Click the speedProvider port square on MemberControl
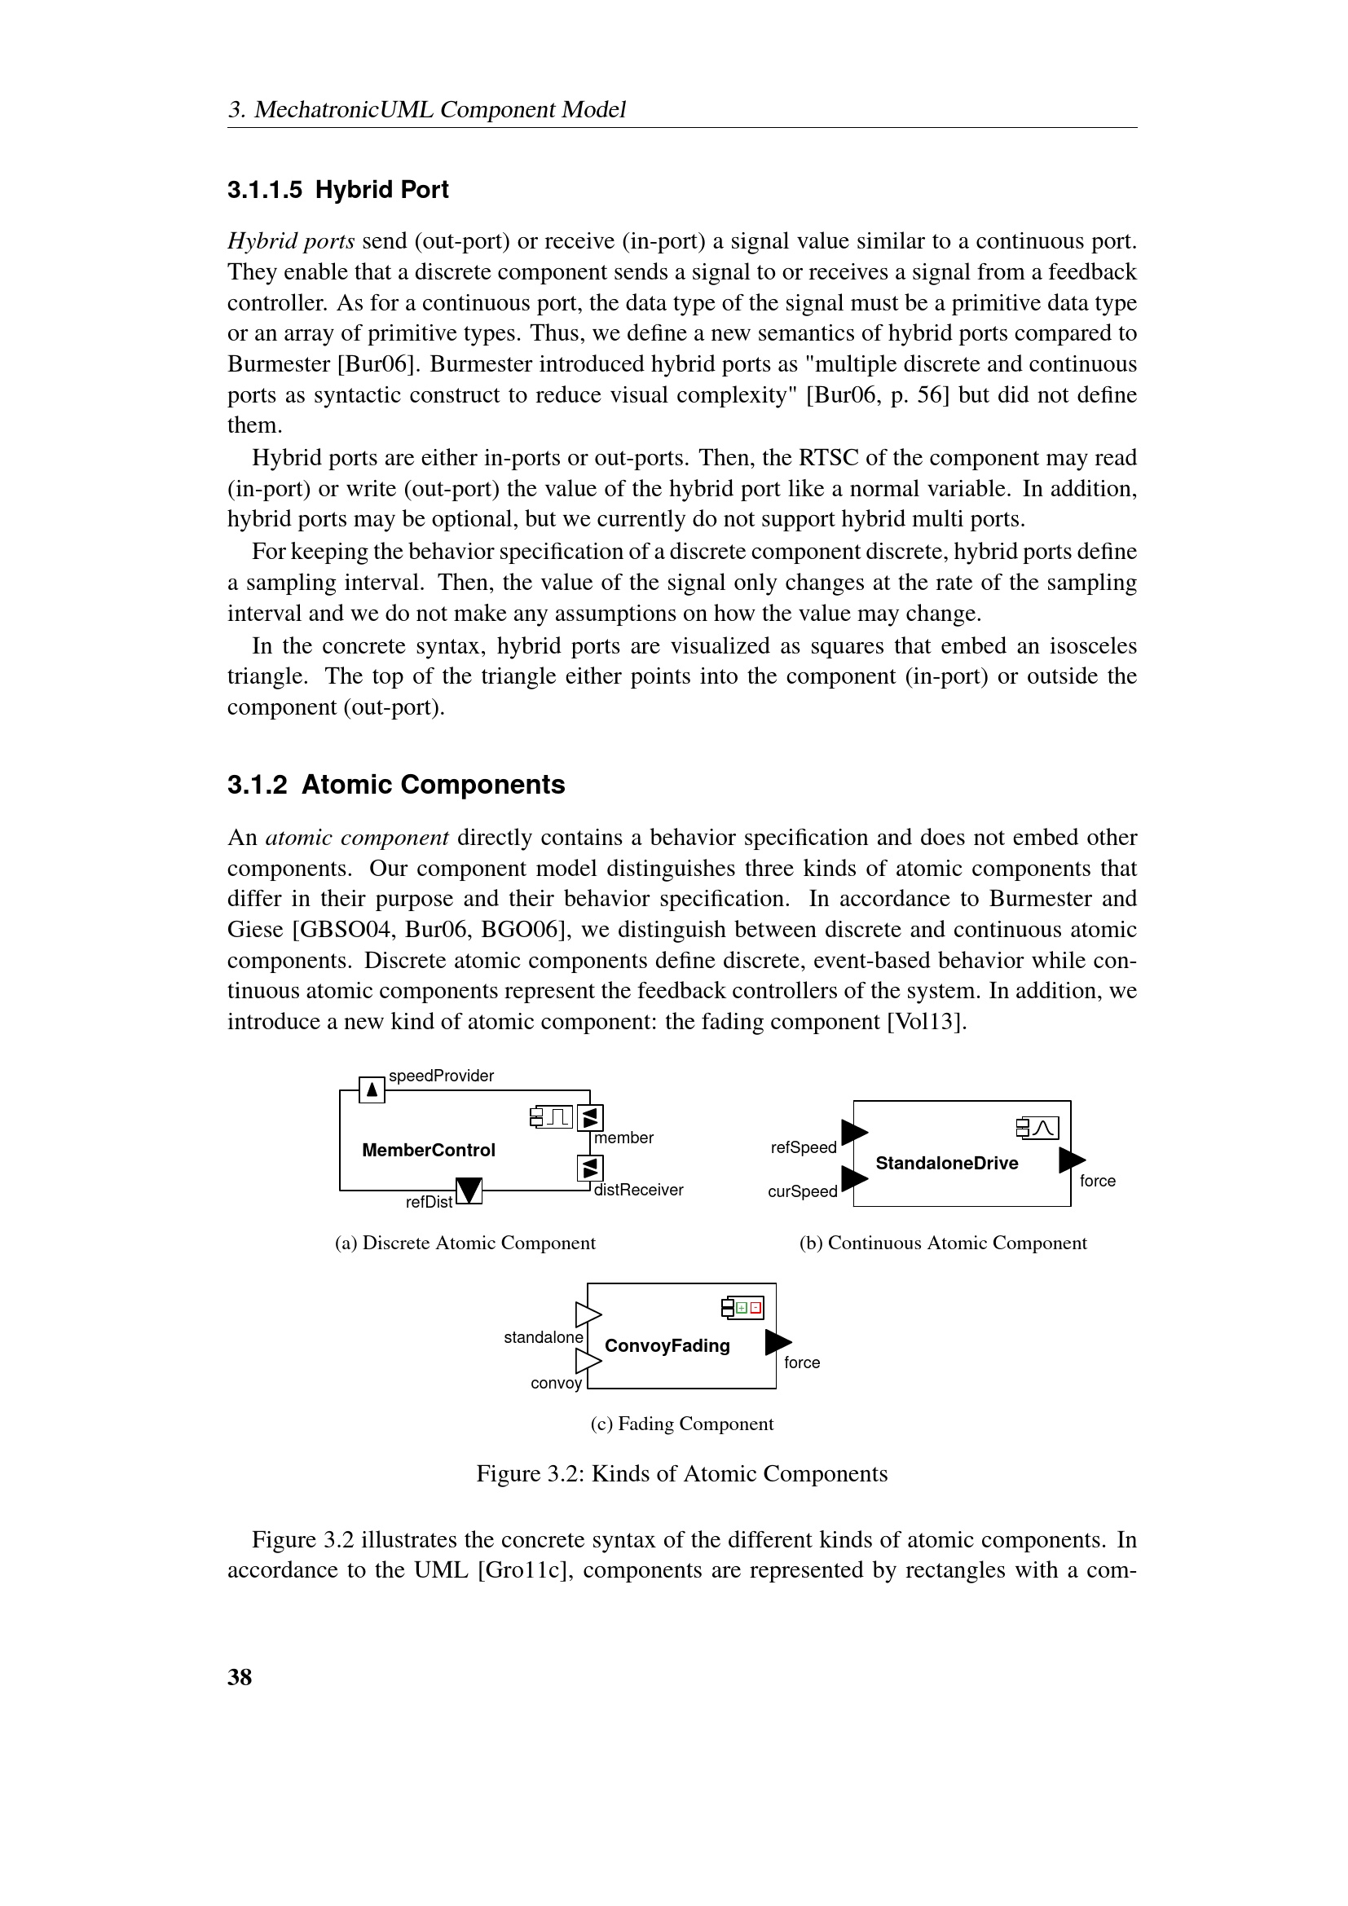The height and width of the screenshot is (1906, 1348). click(x=372, y=1089)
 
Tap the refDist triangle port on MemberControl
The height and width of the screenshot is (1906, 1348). click(x=469, y=1190)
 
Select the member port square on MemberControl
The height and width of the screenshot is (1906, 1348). click(x=589, y=1118)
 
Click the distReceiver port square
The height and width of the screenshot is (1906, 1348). click(x=589, y=1169)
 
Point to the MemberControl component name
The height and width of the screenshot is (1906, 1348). click(x=429, y=1150)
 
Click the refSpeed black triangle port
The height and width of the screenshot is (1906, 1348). click(x=853, y=1132)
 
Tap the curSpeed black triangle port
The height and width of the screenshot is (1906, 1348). click(x=853, y=1177)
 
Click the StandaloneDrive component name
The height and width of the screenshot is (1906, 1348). click(x=946, y=1163)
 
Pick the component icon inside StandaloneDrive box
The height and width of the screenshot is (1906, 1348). click(x=1037, y=1128)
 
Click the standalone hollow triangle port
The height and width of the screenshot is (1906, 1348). click(x=588, y=1315)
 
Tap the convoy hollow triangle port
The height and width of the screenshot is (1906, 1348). click(x=588, y=1362)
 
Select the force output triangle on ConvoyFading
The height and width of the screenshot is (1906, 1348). click(x=778, y=1341)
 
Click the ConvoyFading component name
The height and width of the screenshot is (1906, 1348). click(x=667, y=1345)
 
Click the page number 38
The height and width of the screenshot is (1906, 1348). click(x=239, y=1677)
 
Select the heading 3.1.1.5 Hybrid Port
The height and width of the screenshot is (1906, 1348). click(x=338, y=190)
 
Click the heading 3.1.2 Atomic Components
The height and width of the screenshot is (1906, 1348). click(x=396, y=785)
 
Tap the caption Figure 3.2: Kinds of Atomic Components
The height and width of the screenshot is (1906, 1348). click(x=681, y=1473)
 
